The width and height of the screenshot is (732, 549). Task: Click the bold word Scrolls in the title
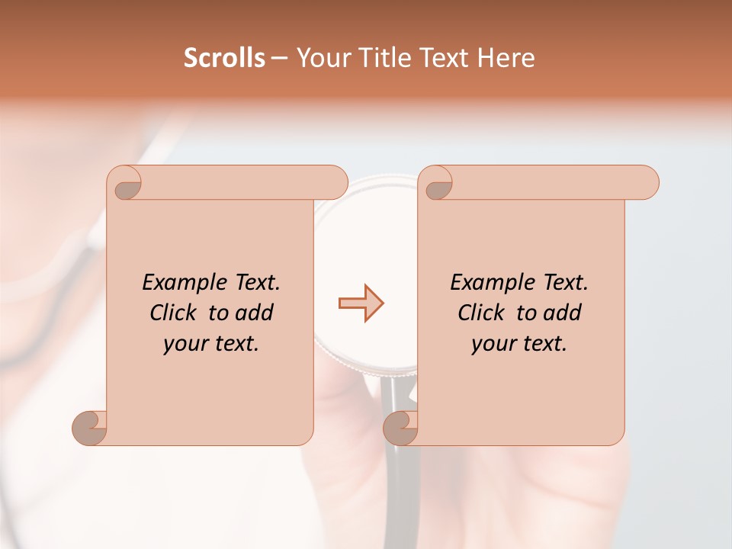(x=225, y=58)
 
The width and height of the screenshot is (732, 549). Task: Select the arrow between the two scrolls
(x=361, y=303)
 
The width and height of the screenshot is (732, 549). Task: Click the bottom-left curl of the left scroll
(x=89, y=428)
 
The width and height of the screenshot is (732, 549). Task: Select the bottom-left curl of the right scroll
(x=400, y=428)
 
